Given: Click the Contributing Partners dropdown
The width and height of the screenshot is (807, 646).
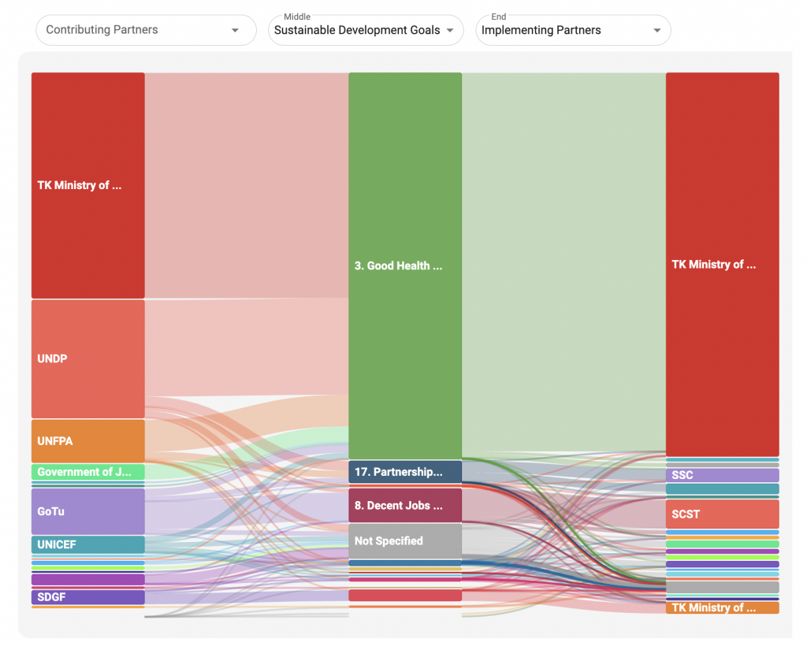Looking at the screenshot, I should pyautogui.click(x=146, y=30).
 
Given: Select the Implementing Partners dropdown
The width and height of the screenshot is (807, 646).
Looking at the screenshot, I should pyautogui.click(x=572, y=30).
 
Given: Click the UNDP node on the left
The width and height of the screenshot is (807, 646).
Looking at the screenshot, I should pyautogui.click(x=87, y=358).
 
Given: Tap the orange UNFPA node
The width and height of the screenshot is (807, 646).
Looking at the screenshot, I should pyautogui.click(x=87, y=441).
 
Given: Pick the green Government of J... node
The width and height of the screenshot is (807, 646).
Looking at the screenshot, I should pyautogui.click(x=87, y=472).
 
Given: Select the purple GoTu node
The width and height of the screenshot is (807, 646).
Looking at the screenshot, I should pyautogui.click(x=87, y=511).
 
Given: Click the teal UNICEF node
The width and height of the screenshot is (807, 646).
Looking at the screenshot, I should pyautogui.click(x=87, y=544).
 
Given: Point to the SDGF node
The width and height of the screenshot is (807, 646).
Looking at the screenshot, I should pyautogui.click(x=87, y=597).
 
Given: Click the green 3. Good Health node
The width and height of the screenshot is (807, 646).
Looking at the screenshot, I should pyautogui.click(x=405, y=265).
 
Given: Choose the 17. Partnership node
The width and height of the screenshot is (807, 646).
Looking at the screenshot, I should pyautogui.click(x=405, y=472).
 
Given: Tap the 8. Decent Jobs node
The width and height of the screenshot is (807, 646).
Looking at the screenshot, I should pyautogui.click(x=405, y=505).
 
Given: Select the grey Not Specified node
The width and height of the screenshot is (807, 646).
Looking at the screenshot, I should pyautogui.click(x=405, y=541).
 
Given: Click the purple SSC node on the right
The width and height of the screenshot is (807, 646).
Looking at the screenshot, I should pyautogui.click(x=722, y=475).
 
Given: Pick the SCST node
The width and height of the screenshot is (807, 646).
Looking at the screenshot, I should pyautogui.click(x=722, y=514).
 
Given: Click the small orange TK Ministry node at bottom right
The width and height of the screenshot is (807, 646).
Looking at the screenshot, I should pyautogui.click(x=722, y=607).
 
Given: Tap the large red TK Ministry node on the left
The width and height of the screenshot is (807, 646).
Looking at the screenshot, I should pyautogui.click(x=87, y=186).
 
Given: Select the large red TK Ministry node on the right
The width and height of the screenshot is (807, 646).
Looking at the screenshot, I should pyautogui.click(x=722, y=265).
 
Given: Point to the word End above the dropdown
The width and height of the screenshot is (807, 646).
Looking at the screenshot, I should pyautogui.click(x=498, y=17).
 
